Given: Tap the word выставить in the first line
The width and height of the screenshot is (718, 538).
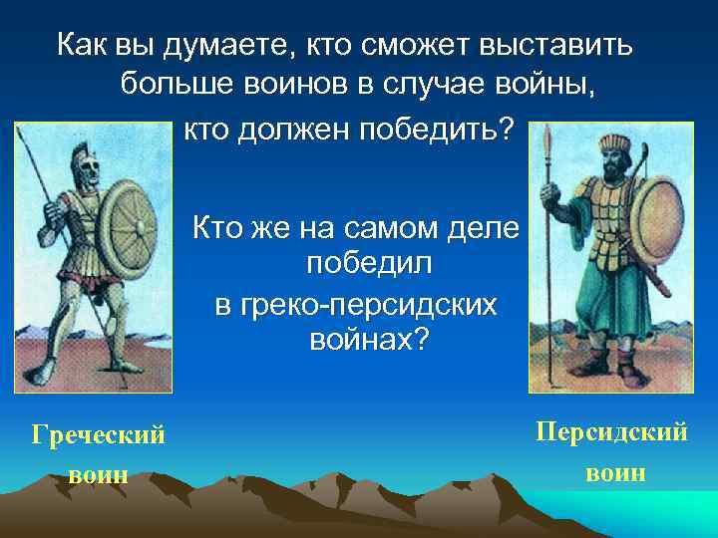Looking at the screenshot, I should tap(567, 45).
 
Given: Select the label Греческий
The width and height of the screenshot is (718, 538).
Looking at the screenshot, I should tap(99, 434).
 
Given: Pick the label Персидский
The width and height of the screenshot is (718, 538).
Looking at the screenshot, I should tap(611, 432).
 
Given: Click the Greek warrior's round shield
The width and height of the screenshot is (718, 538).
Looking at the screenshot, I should tap(126, 221).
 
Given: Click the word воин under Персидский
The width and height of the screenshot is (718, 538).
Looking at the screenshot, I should tap(616, 471).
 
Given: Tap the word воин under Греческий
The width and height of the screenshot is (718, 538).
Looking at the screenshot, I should tap(99, 474).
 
